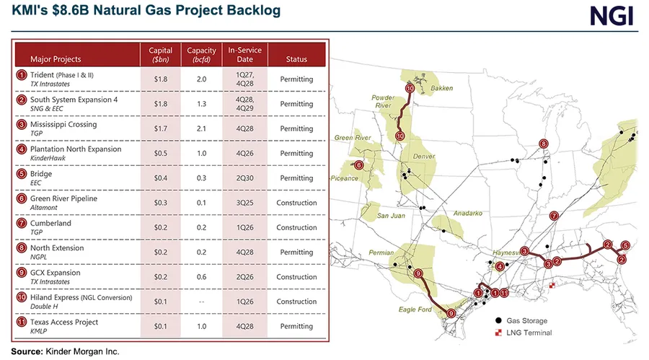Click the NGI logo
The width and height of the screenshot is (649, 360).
click(x=612, y=17)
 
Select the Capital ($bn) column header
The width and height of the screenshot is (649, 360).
click(x=161, y=55)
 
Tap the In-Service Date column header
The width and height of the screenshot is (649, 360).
click(x=244, y=55)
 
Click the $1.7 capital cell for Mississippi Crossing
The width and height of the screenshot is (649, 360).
click(x=161, y=128)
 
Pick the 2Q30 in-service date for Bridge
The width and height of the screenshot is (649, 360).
click(x=244, y=178)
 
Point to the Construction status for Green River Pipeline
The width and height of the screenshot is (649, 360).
click(x=296, y=203)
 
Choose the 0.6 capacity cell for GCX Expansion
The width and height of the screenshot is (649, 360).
click(x=201, y=277)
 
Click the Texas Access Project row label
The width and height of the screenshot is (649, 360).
click(x=64, y=322)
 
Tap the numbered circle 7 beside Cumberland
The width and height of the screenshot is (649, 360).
click(x=22, y=223)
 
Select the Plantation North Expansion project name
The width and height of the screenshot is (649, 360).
click(x=76, y=149)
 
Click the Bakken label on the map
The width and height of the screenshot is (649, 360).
click(x=441, y=88)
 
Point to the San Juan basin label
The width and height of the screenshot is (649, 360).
click(x=391, y=216)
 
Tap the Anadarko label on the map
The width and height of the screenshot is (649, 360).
click(x=468, y=213)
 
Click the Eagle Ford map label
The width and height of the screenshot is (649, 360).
click(x=415, y=309)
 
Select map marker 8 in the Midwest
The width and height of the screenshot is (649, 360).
click(x=544, y=144)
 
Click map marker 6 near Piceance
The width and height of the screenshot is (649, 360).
click(x=358, y=165)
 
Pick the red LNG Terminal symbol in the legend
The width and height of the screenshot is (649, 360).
click(x=498, y=333)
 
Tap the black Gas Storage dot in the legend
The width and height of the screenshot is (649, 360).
click(x=498, y=320)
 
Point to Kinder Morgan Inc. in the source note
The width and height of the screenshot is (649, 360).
click(x=82, y=351)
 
